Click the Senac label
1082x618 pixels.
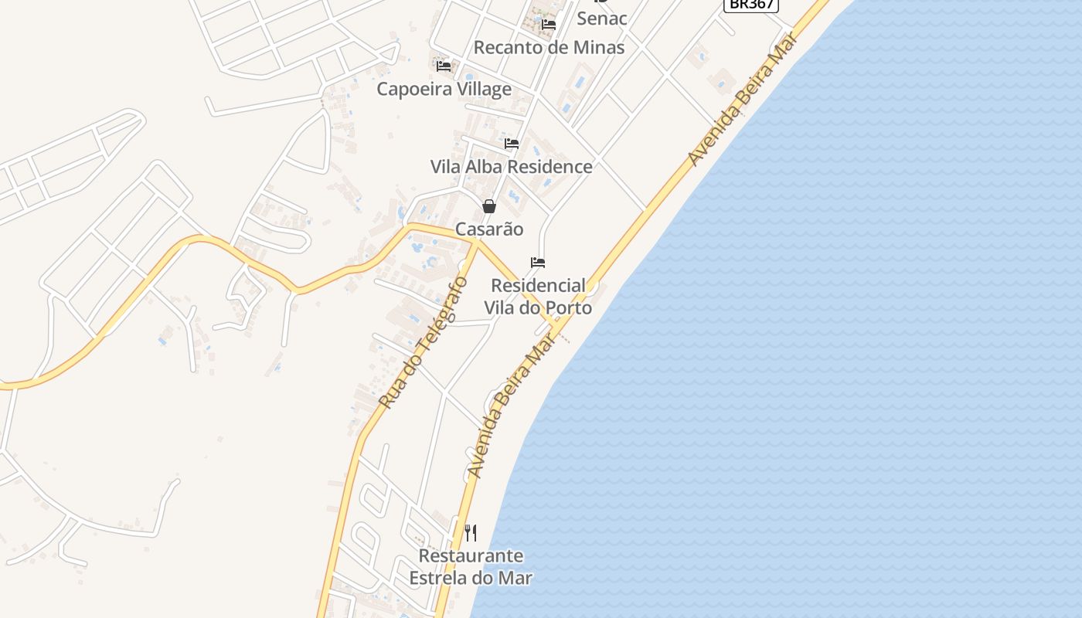[x=601, y=18]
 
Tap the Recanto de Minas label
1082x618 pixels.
[x=549, y=47]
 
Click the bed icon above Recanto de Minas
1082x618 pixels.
[x=549, y=25]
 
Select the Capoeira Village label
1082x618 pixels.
[x=444, y=89]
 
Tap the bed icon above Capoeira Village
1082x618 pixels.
[x=444, y=66]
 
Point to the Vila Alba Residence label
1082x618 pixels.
[x=511, y=166]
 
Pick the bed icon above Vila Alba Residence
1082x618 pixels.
[x=512, y=144]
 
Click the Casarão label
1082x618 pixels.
[x=489, y=229]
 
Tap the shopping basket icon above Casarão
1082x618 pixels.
[x=489, y=206]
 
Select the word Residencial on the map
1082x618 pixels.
[x=538, y=286]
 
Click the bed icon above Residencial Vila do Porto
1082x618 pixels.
[x=538, y=263]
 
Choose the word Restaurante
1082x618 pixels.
[x=471, y=555]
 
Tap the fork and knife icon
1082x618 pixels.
[x=471, y=533]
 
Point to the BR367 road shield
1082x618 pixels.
[x=750, y=4]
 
